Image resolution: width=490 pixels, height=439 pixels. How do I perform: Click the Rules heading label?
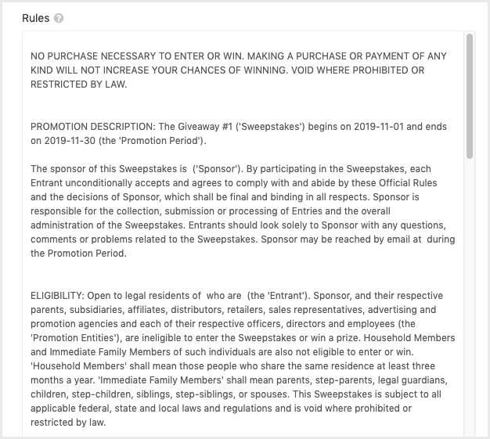pos(35,17)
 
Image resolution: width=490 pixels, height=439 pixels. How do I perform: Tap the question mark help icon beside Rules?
pos(59,18)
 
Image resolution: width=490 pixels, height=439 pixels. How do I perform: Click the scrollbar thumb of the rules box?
pos(469,94)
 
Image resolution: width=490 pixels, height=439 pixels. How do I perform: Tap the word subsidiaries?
pos(99,310)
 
